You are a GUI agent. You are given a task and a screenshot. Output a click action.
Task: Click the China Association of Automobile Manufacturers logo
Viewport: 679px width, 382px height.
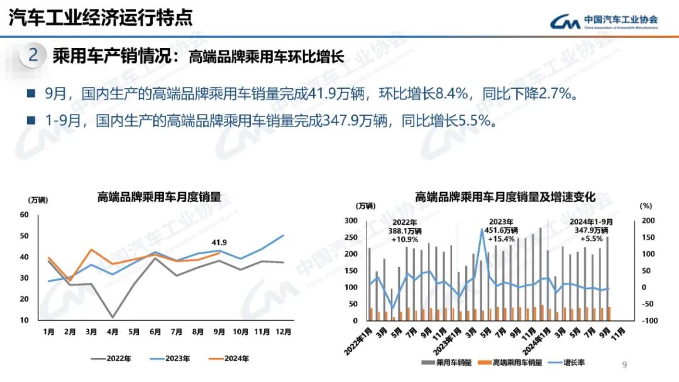pyautogui.click(x=604, y=21)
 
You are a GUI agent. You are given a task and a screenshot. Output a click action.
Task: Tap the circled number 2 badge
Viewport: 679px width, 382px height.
pyautogui.click(x=33, y=55)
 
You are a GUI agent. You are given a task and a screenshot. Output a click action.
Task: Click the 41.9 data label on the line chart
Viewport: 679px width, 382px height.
pyautogui.click(x=219, y=242)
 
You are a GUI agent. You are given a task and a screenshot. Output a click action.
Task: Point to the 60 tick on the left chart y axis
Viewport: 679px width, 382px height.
pyautogui.click(x=25, y=215)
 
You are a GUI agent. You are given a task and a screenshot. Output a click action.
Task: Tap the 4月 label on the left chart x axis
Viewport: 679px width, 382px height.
pyautogui.click(x=113, y=332)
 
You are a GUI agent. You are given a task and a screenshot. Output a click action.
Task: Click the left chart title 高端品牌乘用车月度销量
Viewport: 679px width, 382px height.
pyautogui.click(x=159, y=197)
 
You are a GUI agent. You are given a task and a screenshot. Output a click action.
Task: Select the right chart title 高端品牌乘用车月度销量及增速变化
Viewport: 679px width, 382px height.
pyautogui.click(x=505, y=197)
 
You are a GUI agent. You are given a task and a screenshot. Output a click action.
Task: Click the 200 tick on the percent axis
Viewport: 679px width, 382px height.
pyautogui.click(x=647, y=220)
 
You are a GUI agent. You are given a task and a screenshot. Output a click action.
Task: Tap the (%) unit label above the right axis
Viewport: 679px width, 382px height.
pyautogui.click(x=646, y=205)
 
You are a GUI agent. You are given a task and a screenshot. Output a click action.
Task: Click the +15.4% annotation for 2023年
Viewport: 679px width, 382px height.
pyautogui.click(x=501, y=239)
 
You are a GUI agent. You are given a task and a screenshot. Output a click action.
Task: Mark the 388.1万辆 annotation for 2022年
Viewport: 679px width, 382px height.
pyautogui.click(x=405, y=231)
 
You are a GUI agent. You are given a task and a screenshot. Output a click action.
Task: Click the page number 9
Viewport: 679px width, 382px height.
pyautogui.click(x=624, y=364)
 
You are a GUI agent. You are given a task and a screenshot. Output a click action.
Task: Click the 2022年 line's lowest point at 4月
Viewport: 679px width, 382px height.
pyautogui.click(x=113, y=317)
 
